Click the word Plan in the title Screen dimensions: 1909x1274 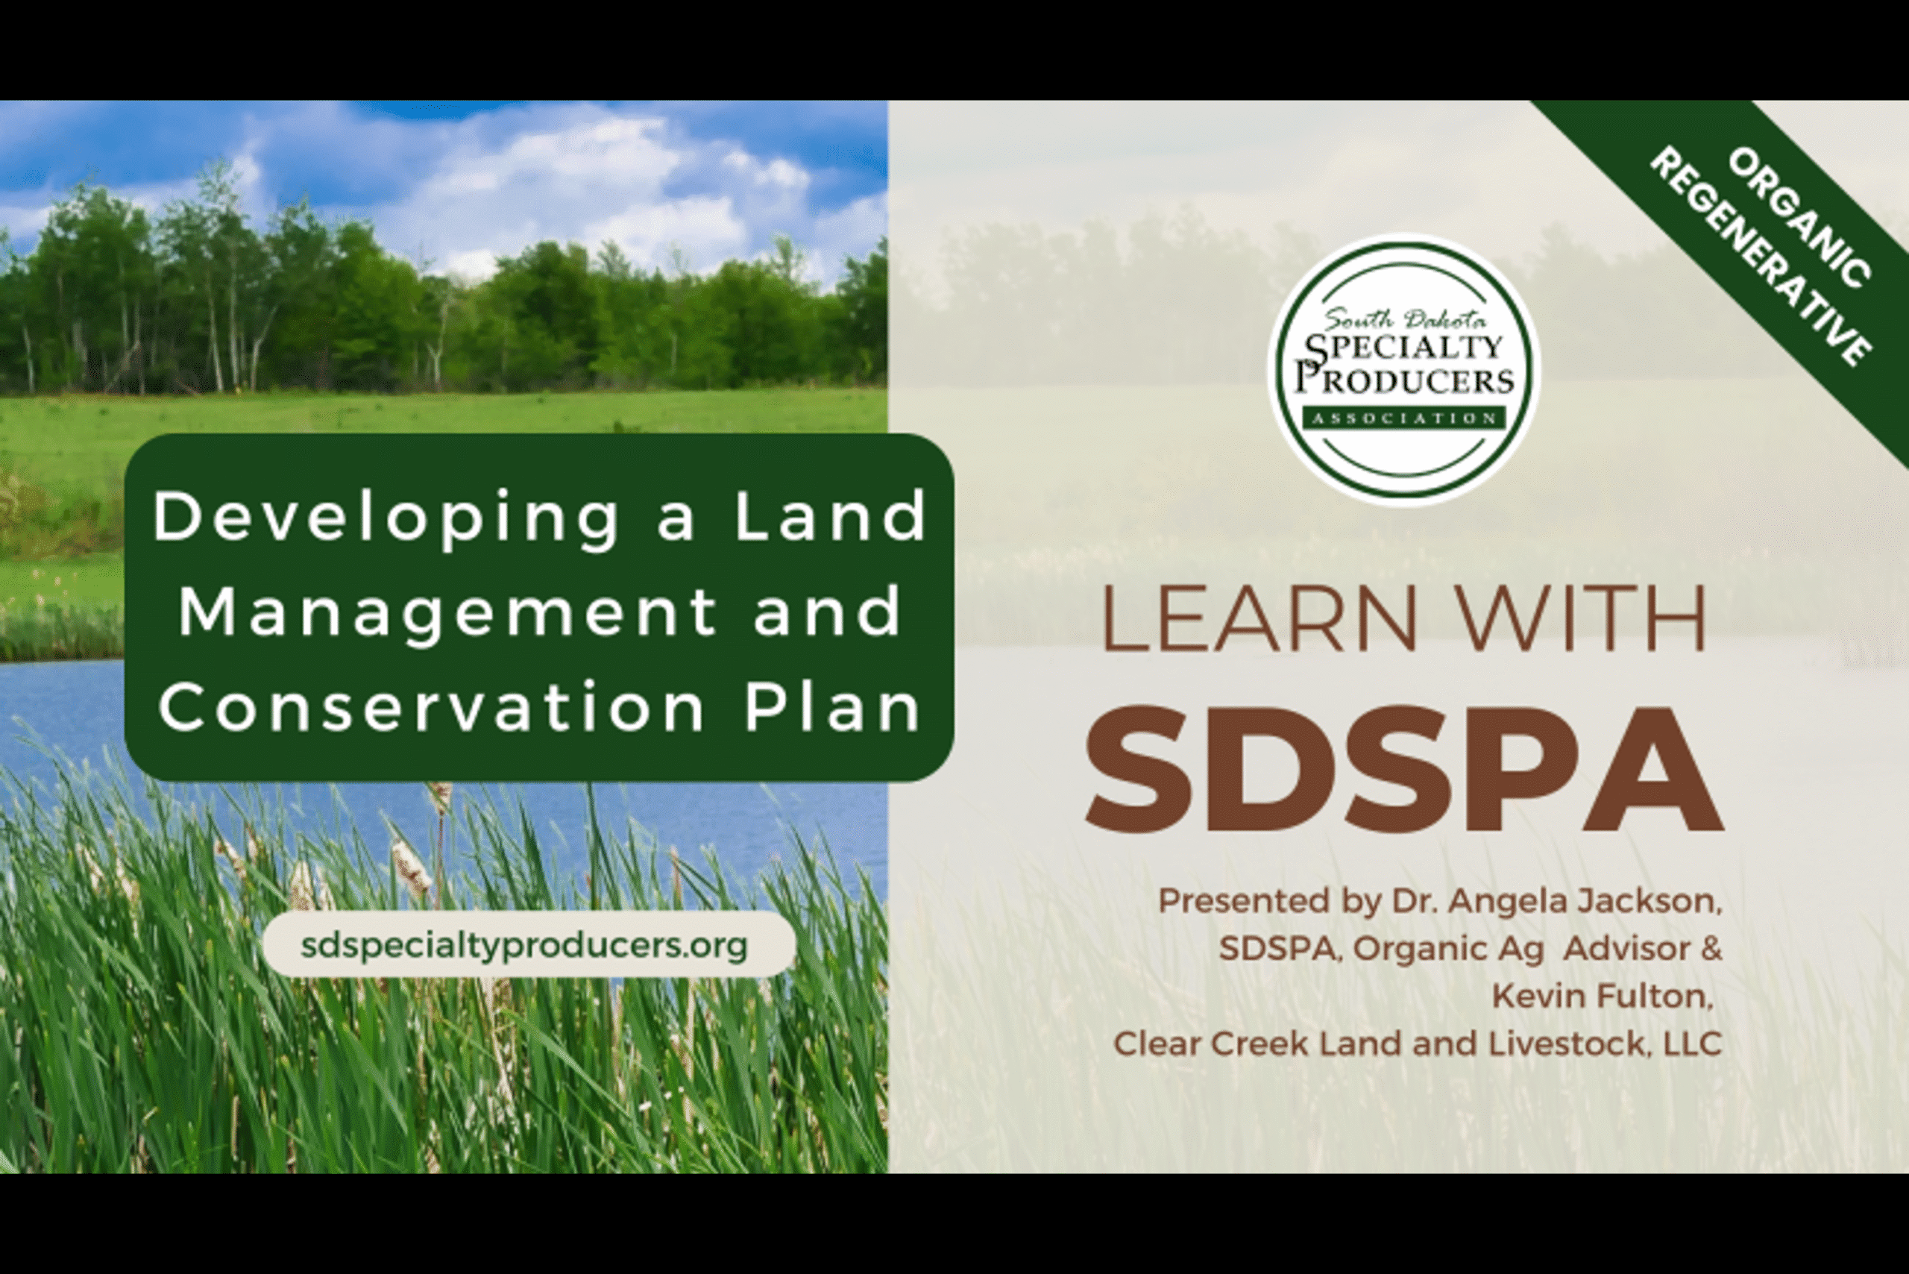point(834,706)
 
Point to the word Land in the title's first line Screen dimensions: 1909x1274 point(830,516)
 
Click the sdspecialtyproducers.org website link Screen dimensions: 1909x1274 point(524,944)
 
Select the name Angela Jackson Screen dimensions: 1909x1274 point(1583,901)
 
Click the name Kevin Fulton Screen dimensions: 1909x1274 point(1602,996)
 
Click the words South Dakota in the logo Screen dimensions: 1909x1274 point(1405,319)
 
